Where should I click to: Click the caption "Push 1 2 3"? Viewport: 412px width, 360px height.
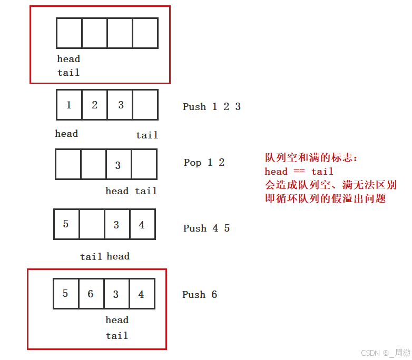pos(212,107)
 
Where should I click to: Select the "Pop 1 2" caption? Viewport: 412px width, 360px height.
pos(204,163)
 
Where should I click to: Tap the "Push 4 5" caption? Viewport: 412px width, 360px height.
pos(207,228)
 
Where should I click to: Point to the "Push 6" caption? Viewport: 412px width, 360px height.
pos(200,295)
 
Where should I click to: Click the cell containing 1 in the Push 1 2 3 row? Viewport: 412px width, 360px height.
pos(69,105)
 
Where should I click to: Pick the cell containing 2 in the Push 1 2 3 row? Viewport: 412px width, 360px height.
pos(94,105)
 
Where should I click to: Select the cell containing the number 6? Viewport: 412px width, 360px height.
pos(91,294)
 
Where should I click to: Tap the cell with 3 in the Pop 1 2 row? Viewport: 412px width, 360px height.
pos(118,165)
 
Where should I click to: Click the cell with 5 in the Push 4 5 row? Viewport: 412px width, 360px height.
pos(66,224)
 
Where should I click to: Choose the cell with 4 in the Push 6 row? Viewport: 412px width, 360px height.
pos(141,294)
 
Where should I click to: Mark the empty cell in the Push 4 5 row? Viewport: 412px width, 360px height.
pos(91,224)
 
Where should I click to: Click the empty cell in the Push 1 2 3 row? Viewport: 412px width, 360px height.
pos(145,105)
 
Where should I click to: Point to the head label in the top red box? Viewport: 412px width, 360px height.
pos(68,59)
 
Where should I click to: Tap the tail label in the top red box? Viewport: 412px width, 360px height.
pos(68,73)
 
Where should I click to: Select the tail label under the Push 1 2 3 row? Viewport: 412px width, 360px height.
pos(147,135)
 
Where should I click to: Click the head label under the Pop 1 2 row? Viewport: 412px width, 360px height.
pos(117,191)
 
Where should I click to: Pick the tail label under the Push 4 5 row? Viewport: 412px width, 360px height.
pos(91,257)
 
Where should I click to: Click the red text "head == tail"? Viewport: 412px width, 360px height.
pos(299,172)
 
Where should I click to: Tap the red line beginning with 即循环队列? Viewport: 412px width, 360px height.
pos(325,198)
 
